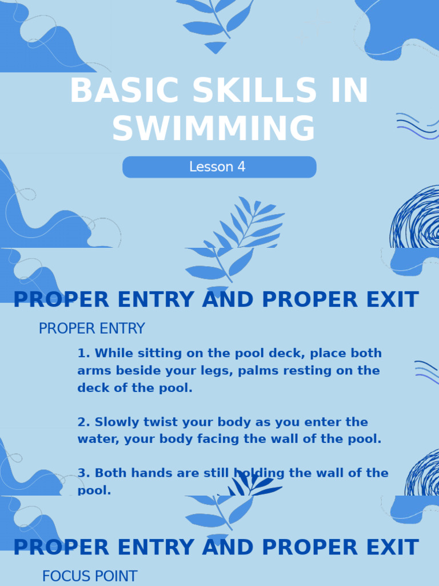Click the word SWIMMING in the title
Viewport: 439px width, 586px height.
(x=213, y=129)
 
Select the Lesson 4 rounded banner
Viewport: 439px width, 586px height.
(x=219, y=167)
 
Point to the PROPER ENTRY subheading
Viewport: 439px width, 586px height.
(x=91, y=329)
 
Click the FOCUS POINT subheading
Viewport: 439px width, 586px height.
(x=90, y=576)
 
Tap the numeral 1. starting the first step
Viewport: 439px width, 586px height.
(x=83, y=353)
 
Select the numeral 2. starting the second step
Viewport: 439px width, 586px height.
(x=83, y=422)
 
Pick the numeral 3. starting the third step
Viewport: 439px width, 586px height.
(x=83, y=473)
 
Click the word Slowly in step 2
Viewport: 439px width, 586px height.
(x=114, y=422)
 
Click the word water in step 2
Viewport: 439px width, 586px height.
(x=95, y=439)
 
